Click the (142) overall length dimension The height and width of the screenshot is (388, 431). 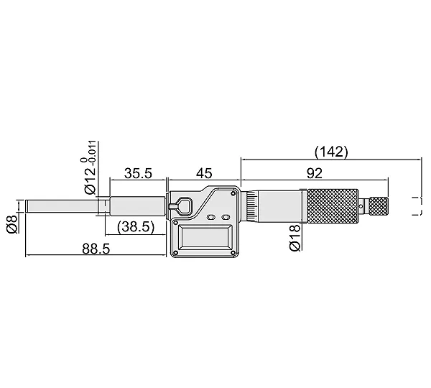pos(331,152)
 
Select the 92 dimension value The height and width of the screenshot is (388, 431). pos(314,173)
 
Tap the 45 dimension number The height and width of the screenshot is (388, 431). pos(204,173)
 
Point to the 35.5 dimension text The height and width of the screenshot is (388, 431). pos(138,173)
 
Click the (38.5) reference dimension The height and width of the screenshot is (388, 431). pos(136,227)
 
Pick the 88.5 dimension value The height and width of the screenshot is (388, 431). pos(96,249)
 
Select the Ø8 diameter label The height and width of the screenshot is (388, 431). pos(12,224)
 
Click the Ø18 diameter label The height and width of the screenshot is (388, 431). pos(295,237)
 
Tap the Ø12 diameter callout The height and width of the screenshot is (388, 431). pos(91,180)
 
